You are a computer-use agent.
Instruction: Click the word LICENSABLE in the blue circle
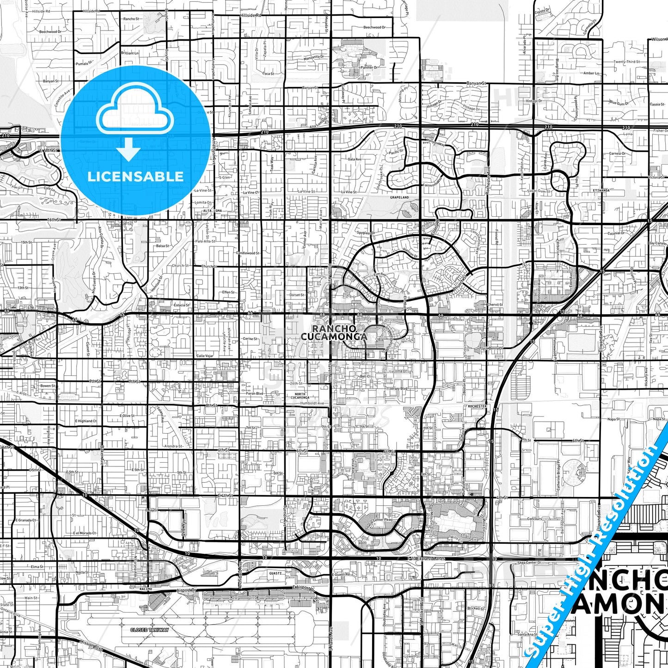coord(135,177)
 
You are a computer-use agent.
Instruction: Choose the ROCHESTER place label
coord(477,406)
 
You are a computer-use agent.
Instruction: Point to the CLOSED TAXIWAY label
coord(149,630)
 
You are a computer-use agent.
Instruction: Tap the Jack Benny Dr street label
coord(491,348)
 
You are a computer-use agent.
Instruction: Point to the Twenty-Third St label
coord(626,61)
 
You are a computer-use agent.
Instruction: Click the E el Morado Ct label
coord(84,533)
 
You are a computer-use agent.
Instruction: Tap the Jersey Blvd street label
coord(398,389)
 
